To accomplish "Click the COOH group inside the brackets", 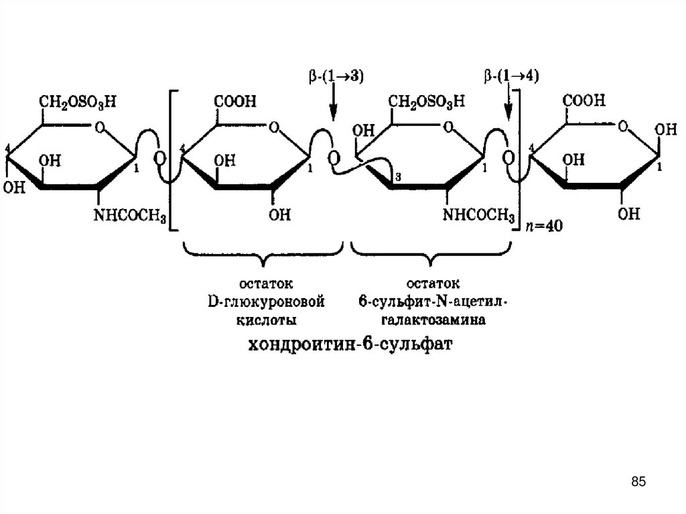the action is click(234, 101).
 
